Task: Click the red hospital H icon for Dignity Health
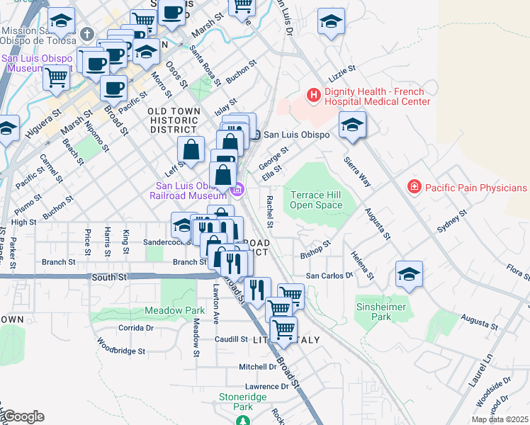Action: pos(312,94)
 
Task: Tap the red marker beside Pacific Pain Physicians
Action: pos(413,187)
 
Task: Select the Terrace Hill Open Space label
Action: pos(316,200)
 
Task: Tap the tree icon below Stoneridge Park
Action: pos(243,421)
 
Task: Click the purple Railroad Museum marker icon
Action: pos(239,190)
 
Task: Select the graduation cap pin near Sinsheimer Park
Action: pos(410,274)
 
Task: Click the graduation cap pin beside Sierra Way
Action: pos(352,125)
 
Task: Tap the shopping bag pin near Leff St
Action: pos(191,149)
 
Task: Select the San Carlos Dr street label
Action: pos(329,275)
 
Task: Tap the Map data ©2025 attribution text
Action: pos(500,419)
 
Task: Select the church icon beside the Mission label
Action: pos(86,33)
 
